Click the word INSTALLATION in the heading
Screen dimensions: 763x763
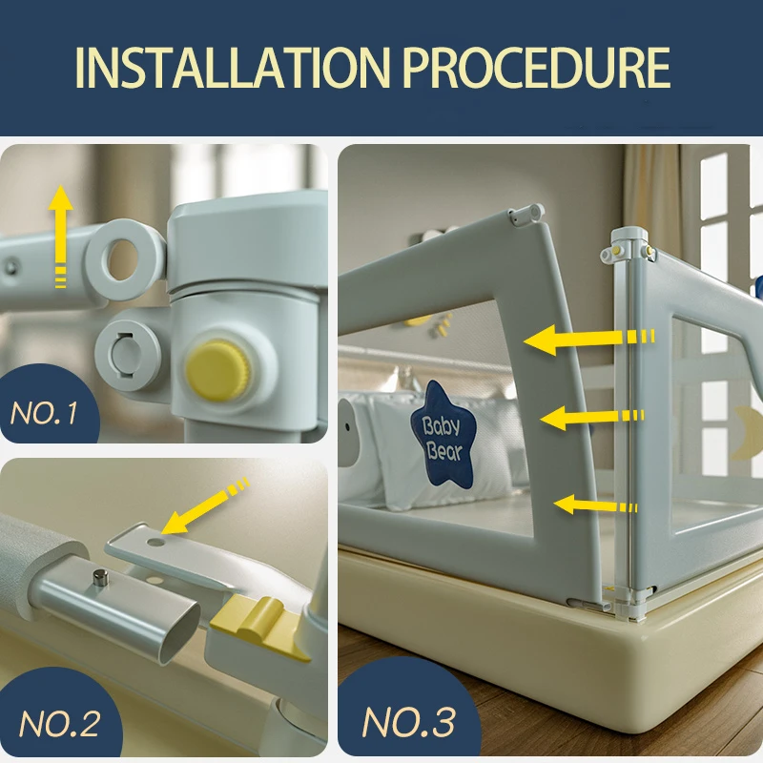(233, 68)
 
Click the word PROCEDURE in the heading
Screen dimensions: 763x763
(537, 68)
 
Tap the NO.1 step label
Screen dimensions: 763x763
(44, 414)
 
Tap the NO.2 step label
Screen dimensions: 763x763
(59, 724)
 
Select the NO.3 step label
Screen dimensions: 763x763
(409, 722)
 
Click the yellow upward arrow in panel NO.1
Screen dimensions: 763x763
(60, 237)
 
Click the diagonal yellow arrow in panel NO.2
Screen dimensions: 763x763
(205, 506)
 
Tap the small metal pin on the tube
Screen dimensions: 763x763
(100, 579)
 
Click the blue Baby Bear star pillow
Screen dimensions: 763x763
(443, 435)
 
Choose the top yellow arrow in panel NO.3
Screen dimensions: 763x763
(588, 340)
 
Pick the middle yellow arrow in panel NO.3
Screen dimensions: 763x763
(592, 418)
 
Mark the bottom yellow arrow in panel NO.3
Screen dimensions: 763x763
(595, 505)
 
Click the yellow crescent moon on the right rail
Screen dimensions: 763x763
(747, 433)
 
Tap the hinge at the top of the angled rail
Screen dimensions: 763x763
(526, 214)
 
